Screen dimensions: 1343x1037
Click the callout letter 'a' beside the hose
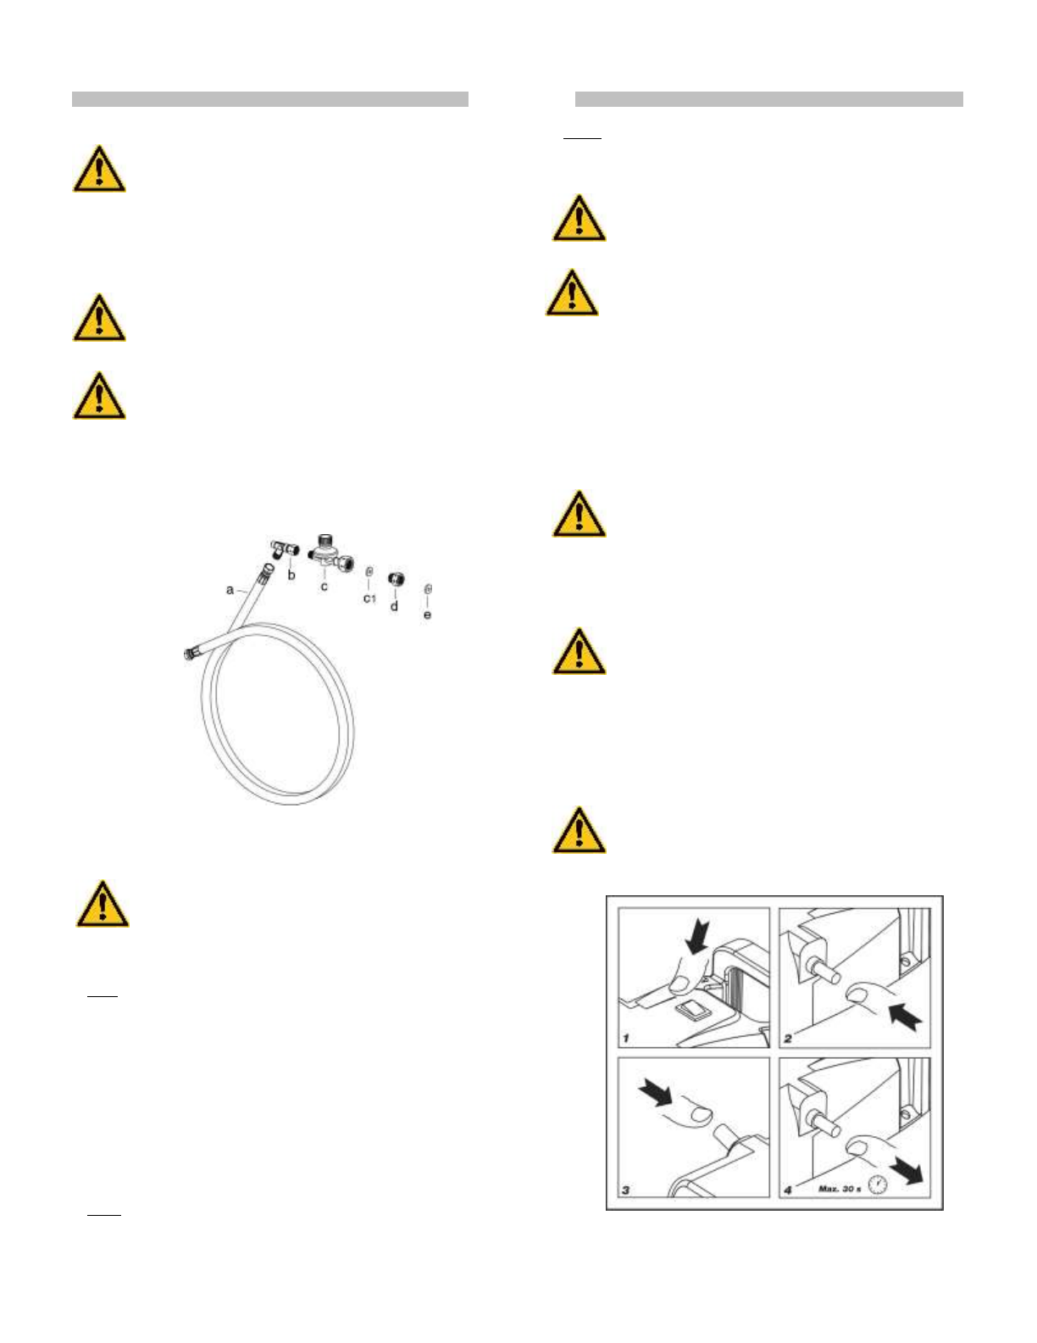tap(230, 589)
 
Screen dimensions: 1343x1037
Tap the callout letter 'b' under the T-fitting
tap(291, 575)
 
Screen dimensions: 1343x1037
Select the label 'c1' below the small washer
tap(369, 599)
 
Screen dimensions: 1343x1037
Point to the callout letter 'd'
tap(394, 606)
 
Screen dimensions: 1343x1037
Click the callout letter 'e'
tap(427, 614)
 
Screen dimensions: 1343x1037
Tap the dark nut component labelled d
tap(394, 580)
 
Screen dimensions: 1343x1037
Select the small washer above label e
tap(428, 588)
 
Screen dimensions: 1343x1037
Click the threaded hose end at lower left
tap(191, 654)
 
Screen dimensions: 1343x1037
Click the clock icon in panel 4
tap(877, 1184)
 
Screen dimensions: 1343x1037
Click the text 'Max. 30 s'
tap(839, 1189)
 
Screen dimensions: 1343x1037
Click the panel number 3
tap(626, 1190)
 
